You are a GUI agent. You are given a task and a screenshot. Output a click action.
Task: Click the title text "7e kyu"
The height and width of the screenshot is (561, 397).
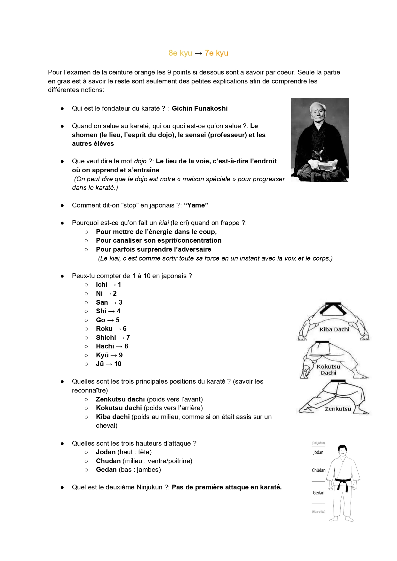click(216, 53)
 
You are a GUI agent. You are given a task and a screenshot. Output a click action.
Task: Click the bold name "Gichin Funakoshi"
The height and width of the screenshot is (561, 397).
click(200, 108)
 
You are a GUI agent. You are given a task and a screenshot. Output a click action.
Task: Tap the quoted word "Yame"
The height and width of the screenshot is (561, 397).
click(196, 205)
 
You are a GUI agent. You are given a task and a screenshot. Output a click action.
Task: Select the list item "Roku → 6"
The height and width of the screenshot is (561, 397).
click(111, 329)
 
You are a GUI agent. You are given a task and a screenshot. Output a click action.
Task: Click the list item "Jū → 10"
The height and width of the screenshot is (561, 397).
click(108, 364)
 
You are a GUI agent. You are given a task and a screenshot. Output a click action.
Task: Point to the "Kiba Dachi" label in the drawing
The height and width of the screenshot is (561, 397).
click(334, 329)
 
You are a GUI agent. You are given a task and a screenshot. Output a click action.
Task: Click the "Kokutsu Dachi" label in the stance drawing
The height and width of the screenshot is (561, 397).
click(329, 370)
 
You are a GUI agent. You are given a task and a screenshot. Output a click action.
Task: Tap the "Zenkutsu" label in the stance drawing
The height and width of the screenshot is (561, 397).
click(338, 409)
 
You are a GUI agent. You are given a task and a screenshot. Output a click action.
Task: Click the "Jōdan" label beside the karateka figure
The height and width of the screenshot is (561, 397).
click(318, 452)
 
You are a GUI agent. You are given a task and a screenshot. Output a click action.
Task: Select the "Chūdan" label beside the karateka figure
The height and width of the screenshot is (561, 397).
click(319, 470)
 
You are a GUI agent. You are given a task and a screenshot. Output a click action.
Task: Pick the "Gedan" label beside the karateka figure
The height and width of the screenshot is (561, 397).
click(319, 493)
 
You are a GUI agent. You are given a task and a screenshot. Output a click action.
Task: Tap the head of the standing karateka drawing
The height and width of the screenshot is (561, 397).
click(342, 451)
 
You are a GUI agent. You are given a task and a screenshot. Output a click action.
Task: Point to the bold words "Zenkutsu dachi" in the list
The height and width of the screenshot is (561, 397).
click(120, 399)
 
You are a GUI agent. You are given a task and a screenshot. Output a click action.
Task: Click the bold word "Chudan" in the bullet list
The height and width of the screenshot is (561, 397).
click(108, 461)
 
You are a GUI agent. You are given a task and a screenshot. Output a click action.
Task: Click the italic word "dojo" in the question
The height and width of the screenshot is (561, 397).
click(140, 161)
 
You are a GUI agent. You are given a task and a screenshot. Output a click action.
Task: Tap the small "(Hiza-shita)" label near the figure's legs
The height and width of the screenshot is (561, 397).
click(318, 512)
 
